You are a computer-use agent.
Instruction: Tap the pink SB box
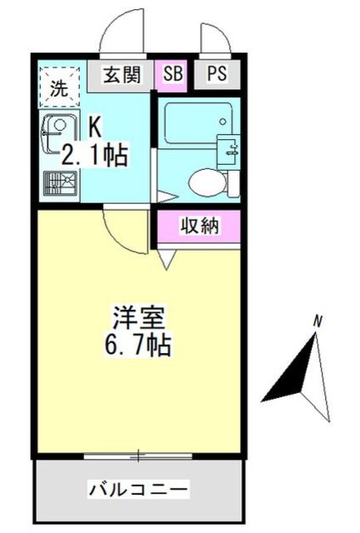tap(173, 74)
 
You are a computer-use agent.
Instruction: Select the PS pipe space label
tap(217, 74)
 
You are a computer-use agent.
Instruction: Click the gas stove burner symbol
tap(59, 182)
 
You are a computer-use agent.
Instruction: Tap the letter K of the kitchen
tap(96, 127)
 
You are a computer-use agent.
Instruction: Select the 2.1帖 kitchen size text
tap(95, 154)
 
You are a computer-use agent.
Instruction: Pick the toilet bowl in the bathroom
tap(203, 181)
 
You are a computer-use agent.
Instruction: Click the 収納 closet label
tap(200, 225)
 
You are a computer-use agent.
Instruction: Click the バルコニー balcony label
tap(139, 488)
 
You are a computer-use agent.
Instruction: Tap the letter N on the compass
tap(317, 319)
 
